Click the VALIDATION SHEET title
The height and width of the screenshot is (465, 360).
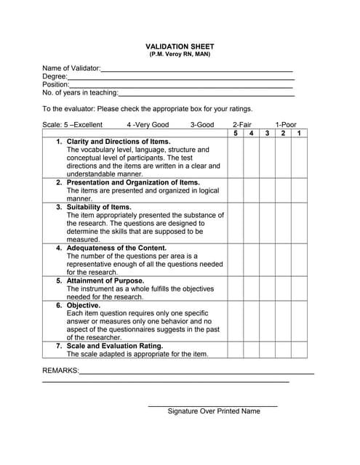point(180,46)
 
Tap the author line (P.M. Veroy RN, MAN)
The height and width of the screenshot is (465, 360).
point(180,54)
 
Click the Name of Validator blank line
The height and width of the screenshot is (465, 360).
point(196,70)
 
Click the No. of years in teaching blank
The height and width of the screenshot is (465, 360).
point(206,94)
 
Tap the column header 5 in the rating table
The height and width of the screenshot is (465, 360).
point(235,133)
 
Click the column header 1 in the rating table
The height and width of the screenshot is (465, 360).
point(298,133)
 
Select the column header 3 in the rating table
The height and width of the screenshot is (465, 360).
point(267,133)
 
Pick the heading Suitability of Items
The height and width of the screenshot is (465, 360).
point(99,207)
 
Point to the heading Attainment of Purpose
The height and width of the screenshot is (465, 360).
point(105,280)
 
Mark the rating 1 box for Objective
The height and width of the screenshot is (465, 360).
point(298,321)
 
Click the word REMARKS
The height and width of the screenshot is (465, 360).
point(60,371)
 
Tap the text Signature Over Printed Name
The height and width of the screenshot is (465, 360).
point(213,411)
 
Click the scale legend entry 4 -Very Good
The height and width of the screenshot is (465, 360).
point(148,125)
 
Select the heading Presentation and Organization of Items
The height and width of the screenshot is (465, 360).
point(133,182)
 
